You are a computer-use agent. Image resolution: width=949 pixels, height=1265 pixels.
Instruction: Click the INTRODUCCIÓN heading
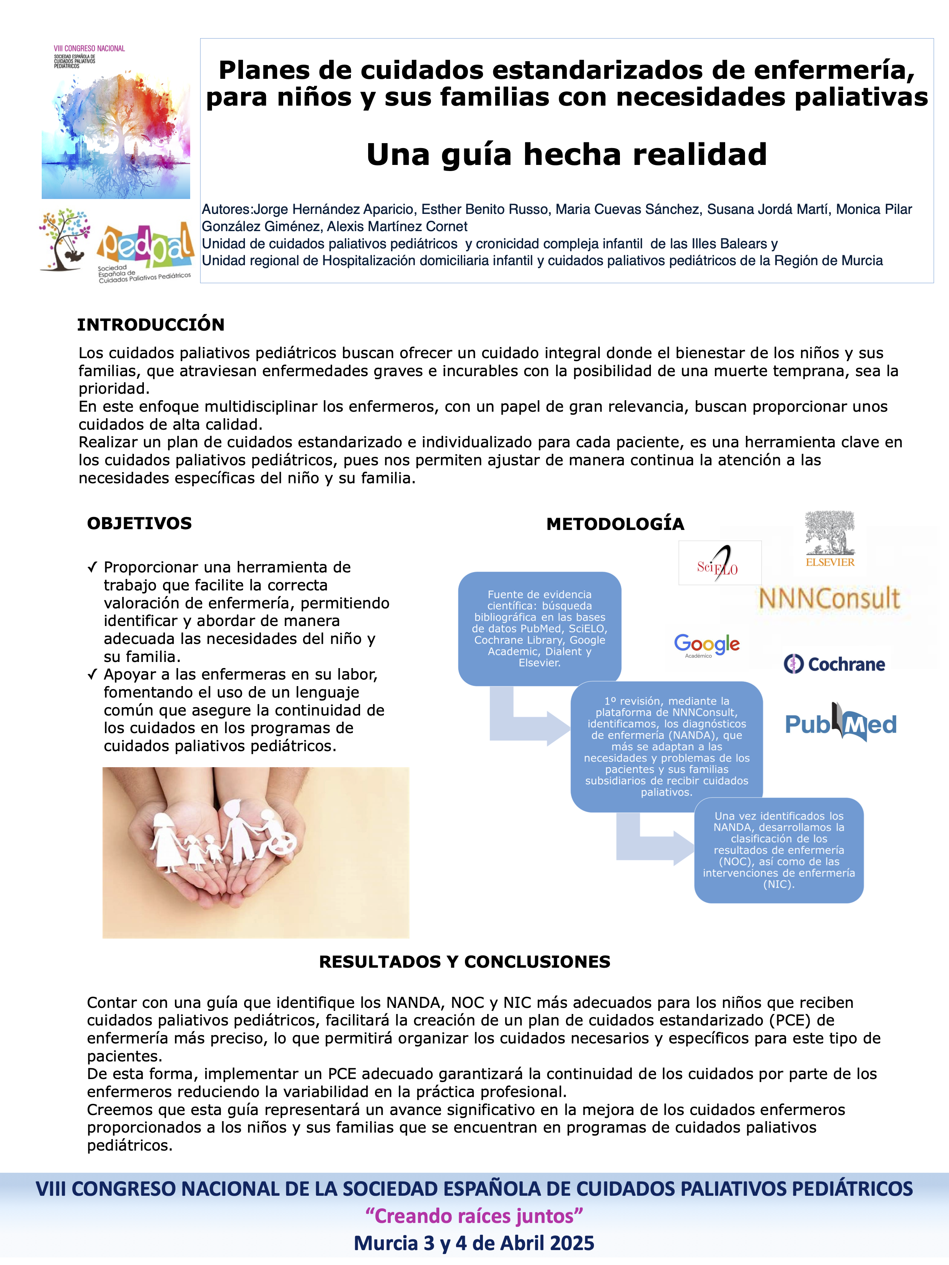pos(150,325)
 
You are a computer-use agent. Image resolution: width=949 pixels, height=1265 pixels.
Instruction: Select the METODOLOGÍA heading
pos(615,524)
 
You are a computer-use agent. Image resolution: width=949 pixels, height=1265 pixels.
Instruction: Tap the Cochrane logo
pos(834,664)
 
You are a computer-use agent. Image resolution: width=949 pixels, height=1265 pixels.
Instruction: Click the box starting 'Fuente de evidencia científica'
pos(540,629)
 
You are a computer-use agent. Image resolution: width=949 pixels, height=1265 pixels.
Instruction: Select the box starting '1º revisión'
pos(667,746)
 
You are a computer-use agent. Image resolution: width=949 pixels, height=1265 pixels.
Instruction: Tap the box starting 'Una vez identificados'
pos(779,850)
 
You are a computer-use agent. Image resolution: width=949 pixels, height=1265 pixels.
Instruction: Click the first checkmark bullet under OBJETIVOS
pos(92,567)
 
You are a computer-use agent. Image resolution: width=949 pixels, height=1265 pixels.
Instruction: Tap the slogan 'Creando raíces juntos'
pos(474,1215)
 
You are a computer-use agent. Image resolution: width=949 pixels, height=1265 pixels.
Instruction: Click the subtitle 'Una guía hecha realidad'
pos(566,155)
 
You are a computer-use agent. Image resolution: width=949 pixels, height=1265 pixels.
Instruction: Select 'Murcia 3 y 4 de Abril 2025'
pos(474,1243)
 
